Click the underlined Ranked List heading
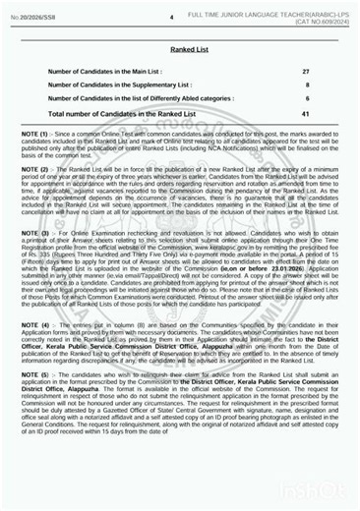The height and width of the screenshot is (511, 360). coord(180,47)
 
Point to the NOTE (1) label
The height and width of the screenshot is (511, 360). coord(29,134)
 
